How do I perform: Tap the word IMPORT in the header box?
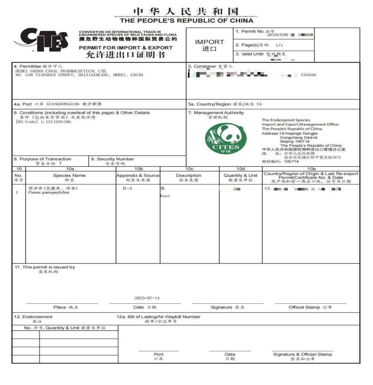(x=209, y=42)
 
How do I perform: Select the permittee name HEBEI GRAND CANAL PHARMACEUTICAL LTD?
(x=61, y=71)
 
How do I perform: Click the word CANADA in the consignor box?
(x=308, y=75)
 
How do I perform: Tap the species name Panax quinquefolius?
(x=49, y=192)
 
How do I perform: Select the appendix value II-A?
(x=127, y=188)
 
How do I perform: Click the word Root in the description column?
(x=165, y=196)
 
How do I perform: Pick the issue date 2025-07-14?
(x=147, y=298)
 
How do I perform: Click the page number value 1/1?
(x=279, y=45)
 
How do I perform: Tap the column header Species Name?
(x=69, y=175)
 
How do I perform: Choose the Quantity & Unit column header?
(x=240, y=175)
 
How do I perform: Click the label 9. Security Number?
(x=112, y=159)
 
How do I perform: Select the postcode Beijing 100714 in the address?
(x=295, y=141)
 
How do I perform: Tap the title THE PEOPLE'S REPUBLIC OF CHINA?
(x=186, y=21)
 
